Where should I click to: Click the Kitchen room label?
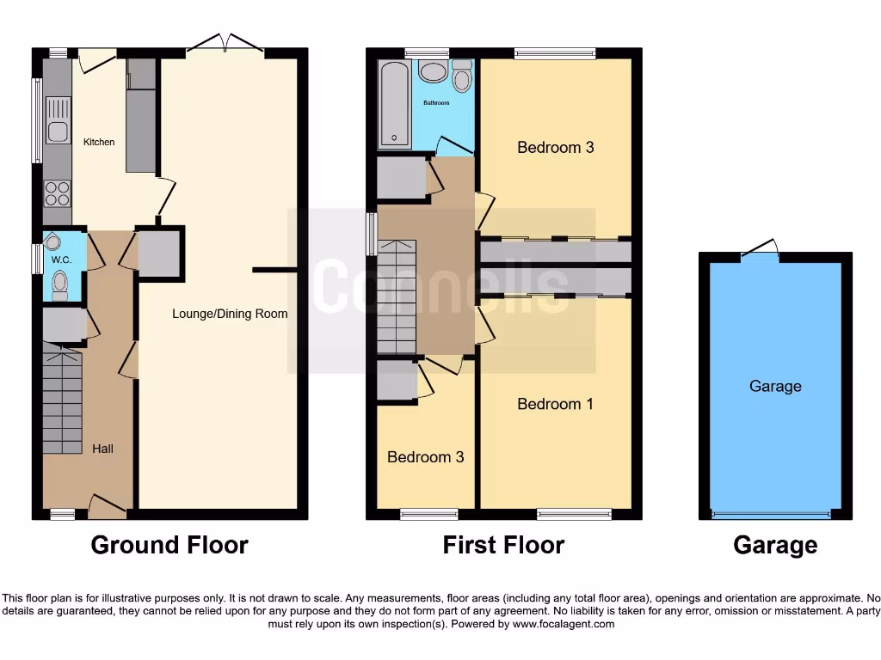(99, 142)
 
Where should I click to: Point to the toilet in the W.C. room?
(59, 283)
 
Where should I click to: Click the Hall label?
(102, 449)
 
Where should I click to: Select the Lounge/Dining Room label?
(230, 314)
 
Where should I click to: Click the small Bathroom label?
(436, 103)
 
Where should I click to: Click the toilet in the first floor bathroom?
(462, 78)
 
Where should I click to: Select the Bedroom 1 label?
(555, 404)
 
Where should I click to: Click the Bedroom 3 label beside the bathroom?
(555, 147)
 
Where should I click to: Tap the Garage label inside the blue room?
(774, 387)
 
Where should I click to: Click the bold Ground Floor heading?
(169, 545)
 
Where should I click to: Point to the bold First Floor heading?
(503, 545)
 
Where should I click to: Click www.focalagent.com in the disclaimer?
(563, 624)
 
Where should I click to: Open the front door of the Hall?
(108, 506)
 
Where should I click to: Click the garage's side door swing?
(761, 249)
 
